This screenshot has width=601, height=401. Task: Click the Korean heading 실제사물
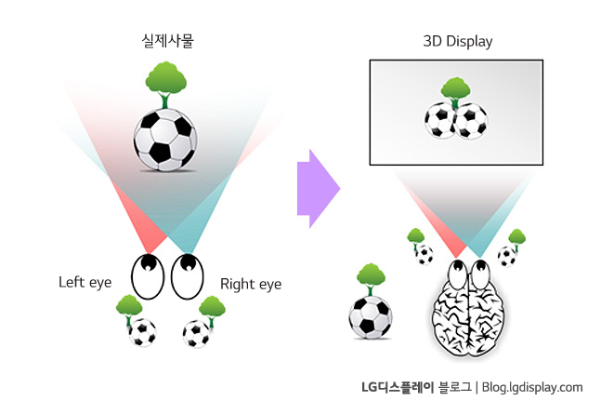click(163, 41)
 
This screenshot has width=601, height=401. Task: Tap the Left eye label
click(85, 281)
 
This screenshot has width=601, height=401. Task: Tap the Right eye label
click(251, 283)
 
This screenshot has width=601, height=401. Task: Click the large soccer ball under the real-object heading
click(164, 140)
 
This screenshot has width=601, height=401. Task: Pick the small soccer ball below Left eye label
click(142, 330)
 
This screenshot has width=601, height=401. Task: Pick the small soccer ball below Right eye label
click(196, 332)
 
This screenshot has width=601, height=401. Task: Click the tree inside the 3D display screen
click(455, 90)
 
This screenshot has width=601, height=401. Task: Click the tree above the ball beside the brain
click(371, 275)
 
